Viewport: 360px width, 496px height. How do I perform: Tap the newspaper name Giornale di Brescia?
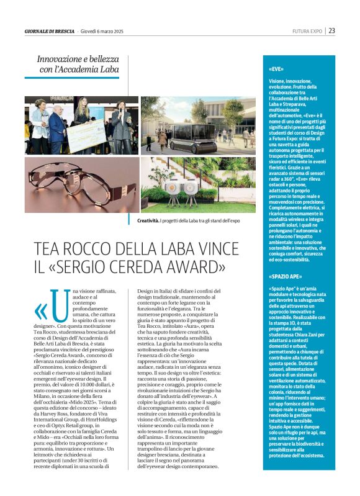point(50,31)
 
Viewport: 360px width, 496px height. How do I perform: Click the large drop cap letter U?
point(59,305)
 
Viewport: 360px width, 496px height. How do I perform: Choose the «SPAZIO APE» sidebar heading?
point(286,276)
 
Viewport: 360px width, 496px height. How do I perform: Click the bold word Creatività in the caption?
point(148,220)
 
